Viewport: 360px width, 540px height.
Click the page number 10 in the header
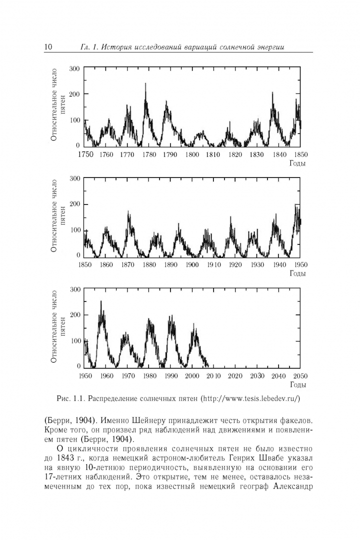pos(48,47)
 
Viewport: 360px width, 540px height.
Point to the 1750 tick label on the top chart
pos(85,154)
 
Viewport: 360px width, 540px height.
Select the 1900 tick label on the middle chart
pos(192,265)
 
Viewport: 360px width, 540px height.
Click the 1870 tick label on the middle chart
pos(127,265)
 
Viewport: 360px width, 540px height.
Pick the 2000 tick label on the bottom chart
pos(192,376)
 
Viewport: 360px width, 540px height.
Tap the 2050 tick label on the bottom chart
pos(300,376)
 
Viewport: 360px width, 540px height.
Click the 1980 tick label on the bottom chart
pos(149,376)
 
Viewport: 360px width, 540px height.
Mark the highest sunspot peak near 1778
pos(145,84)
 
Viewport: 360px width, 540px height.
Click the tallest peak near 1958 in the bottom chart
pos(101,301)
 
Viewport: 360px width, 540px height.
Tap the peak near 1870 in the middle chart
pos(128,212)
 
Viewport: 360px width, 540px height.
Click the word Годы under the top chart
pos(298,163)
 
